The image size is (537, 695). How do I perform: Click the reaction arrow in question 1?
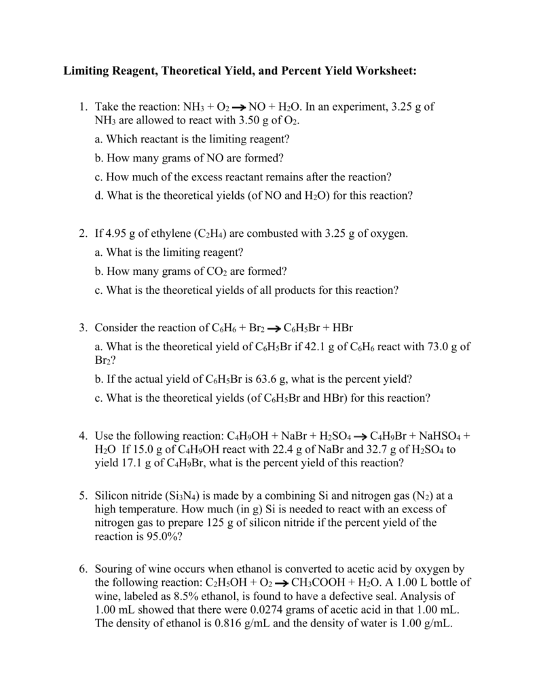[x=238, y=108]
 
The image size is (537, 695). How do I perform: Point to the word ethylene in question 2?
[x=163, y=233]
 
